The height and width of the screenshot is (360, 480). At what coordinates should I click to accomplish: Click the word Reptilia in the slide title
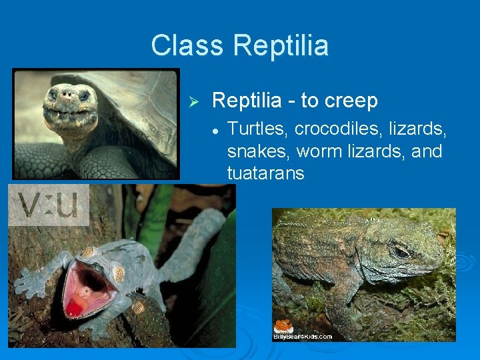click(x=281, y=46)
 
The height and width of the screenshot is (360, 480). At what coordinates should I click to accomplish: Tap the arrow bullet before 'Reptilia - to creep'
click(x=194, y=101)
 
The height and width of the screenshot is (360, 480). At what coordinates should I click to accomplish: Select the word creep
click(x=351, y=101)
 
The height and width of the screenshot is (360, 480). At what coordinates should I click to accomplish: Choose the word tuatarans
click(x=265, y=174)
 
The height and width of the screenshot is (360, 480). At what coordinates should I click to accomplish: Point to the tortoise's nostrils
click(x=68, y=95)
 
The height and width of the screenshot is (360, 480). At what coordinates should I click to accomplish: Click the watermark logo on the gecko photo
click(x=49, y=205)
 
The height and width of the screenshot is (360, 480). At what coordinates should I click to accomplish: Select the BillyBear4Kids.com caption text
click(x=303, y=336)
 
